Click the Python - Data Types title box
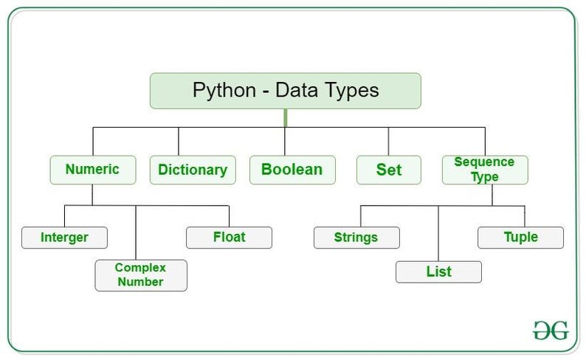click(x=285, y=91)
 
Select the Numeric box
click(x=92, y=169)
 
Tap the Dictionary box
click(x=193, y=169)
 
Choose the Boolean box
click(x=292, y=169)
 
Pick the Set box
click(x=389, y=169)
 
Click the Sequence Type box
click(x=486, y=169)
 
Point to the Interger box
click(x=64, y=238)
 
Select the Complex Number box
click(x=140, y=274)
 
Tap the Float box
click(x=229, y=238)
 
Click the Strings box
click(x=356, y=238)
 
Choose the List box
click(x=438, y=271)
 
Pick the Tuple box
click(x=521, y=238)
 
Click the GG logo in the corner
click(x=551, y=330)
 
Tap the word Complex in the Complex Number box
click(x=140, y=267)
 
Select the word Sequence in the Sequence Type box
click(x=484, y=162)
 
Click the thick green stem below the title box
click(x=285, y=118)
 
